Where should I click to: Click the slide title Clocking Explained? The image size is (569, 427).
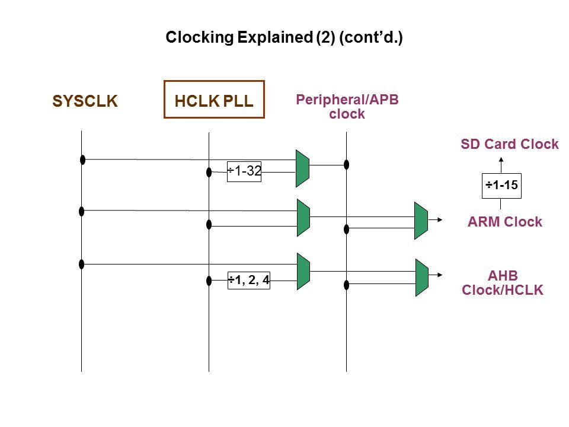pos(284,38)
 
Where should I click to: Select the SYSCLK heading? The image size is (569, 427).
pos(85,101)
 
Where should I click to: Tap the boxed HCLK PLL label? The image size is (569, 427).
pos(214,101)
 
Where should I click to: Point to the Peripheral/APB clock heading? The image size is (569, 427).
pos(347,107)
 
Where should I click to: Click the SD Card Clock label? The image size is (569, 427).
pos(509,144)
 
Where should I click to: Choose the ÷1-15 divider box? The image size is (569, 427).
pos(502,186)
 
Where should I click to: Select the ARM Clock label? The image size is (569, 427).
pos(504,222)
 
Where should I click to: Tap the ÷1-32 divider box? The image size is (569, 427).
pos(244,171)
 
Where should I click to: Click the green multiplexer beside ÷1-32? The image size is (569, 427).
pos(302,168)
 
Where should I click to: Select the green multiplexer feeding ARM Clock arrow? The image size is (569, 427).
pos(421,221)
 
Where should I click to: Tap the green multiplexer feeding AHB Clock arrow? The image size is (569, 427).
pos(421,278)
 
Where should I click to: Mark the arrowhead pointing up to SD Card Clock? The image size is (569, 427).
pos(501,160)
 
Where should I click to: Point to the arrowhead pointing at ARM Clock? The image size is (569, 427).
pos(440,220)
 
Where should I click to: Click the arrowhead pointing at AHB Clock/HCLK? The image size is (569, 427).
pos(440,275)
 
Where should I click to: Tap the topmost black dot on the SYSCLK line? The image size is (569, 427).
pos(83,160)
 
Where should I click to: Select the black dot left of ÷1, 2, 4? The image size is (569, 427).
pos(209,281)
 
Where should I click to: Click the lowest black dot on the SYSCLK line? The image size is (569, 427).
pos(82,264)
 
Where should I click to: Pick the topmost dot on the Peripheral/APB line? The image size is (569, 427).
pos(347,164)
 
